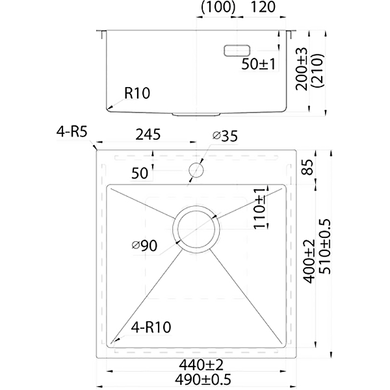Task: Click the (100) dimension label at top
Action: click(x=217, y=8)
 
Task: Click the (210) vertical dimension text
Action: click(x=318, y=69)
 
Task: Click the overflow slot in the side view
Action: click(x=236, y=50)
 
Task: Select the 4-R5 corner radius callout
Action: click(x=71, y=133)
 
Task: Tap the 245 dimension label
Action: click(x=149, y=136)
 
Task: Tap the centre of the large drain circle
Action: click(x=196, y=230)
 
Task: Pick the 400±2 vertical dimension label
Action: click(x=309, y=261)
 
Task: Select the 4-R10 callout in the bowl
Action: click(x=150, y=328)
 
